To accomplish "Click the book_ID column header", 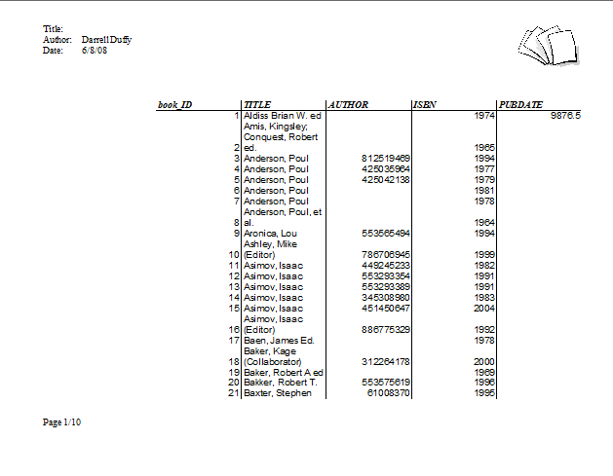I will (175, 104).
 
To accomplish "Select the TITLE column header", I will (257, 104).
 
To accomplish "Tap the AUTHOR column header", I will (348, 104).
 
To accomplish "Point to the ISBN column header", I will (424, 104).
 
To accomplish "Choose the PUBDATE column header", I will (520, 104).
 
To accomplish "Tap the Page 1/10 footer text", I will (62, 422).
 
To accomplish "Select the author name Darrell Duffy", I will (107, 40).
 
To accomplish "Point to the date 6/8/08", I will (95, 50).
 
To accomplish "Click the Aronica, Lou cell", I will (269, 234).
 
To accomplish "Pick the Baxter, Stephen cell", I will (277, 392).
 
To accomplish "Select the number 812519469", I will (386, 158).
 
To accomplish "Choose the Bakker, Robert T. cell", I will (278, 382).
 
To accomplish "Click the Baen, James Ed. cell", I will (277, 340).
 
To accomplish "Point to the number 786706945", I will (386, 254).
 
